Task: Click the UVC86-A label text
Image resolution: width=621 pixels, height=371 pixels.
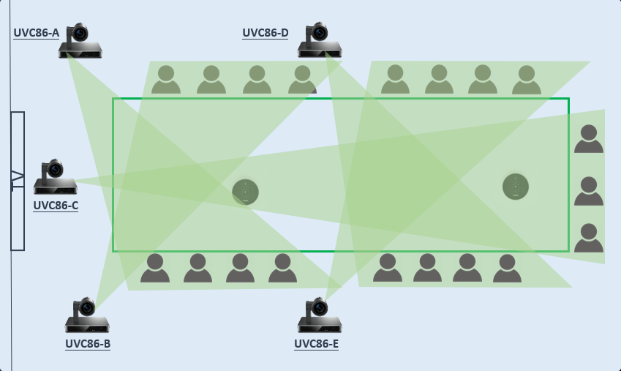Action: click(36, 33)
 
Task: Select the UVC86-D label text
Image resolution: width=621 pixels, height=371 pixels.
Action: click(265, 33)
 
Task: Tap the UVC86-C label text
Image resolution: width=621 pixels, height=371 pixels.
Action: click(56, 206)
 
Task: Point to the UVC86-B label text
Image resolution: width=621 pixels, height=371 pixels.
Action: click(88, 343)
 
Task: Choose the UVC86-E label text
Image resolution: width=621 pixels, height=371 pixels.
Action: click(316, 343)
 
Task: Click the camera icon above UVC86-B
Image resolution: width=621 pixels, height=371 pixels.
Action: click(87, 315)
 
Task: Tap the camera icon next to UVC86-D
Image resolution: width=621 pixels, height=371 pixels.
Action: click(320, 41)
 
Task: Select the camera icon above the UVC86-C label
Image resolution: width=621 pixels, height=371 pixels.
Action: click(55, 178)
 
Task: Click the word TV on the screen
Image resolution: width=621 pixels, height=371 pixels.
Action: click(18, 181)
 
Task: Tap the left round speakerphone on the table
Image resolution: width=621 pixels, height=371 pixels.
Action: click(246, 192)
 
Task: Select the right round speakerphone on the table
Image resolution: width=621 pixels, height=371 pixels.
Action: click(516, 187)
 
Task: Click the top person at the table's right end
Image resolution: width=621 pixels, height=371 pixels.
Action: click(589, 139)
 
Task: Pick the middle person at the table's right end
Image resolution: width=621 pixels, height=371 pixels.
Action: click(589, 192)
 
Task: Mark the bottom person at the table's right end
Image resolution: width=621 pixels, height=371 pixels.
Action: click(589, 239)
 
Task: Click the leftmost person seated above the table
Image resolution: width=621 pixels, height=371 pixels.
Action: click(166, 80)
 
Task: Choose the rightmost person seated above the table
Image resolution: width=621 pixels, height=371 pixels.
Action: click(527, 80)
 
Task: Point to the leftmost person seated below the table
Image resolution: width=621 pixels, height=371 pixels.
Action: click(155, 269)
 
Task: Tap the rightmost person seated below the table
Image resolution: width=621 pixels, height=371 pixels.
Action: click(507, 269)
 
